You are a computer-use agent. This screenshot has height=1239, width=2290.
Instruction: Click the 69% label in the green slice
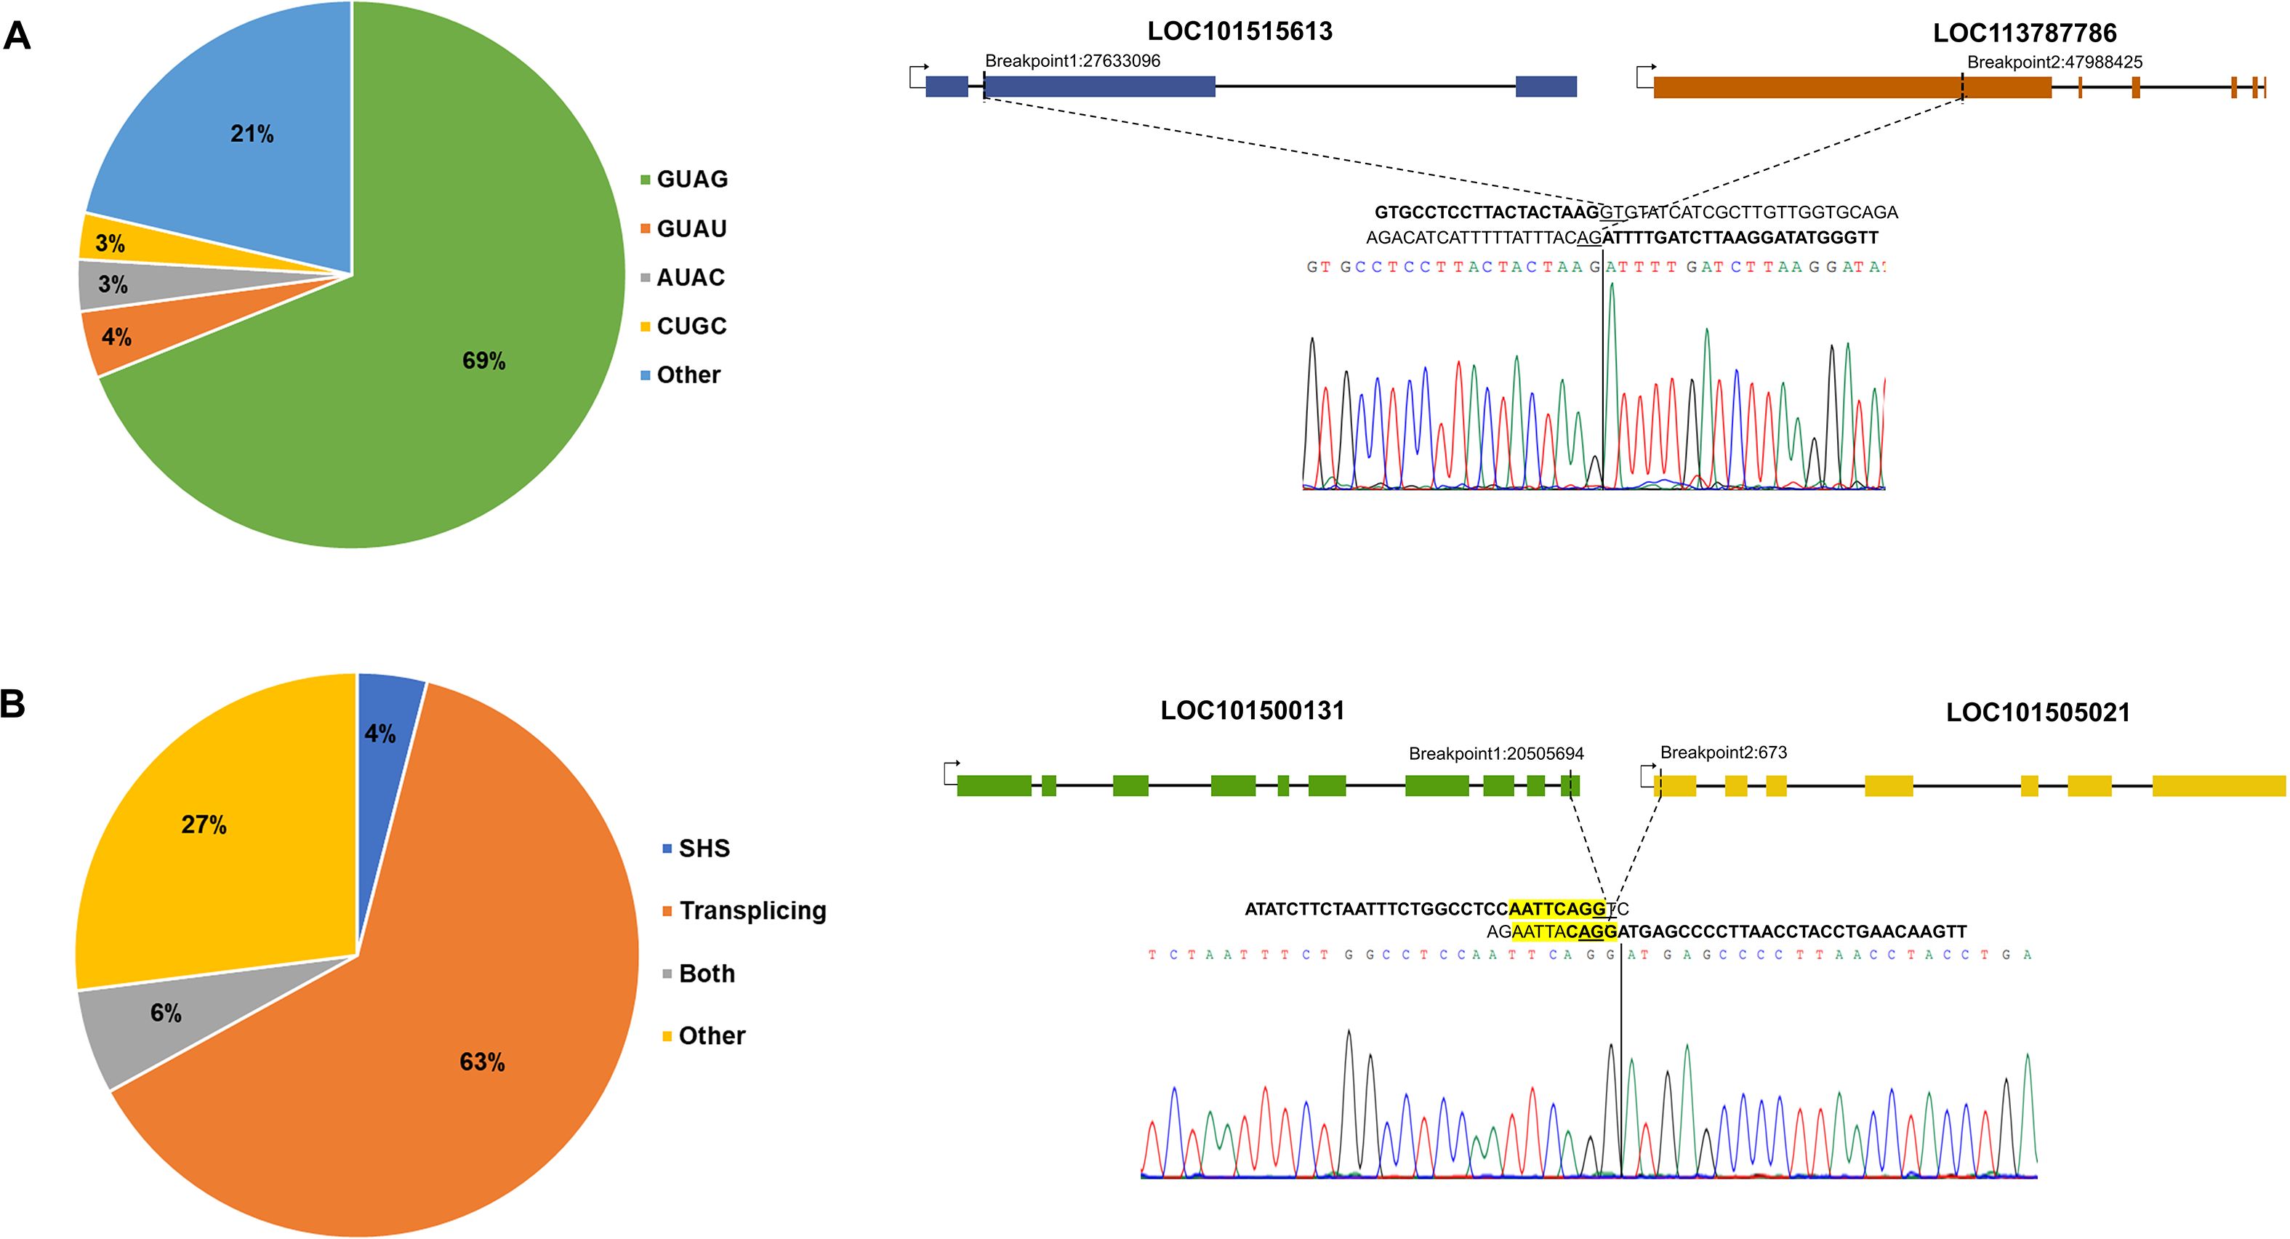483,360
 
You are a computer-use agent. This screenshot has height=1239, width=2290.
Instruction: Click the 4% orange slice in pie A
116,337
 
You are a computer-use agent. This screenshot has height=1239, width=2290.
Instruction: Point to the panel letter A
17,37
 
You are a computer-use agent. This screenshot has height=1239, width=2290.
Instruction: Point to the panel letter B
13,704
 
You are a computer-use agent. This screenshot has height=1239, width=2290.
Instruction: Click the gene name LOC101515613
1240,31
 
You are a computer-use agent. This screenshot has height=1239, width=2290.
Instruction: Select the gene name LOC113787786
2024,33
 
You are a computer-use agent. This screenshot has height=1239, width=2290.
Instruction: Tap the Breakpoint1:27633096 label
1072,61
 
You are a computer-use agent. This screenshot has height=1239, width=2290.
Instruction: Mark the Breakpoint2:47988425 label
2054,63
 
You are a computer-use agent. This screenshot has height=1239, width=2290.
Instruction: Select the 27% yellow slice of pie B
204,825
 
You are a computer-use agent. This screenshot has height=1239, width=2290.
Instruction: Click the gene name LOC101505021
2038,713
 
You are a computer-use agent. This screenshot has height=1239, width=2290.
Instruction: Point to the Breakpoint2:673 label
1723,753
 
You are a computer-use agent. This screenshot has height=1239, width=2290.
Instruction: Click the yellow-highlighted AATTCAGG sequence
1557,909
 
